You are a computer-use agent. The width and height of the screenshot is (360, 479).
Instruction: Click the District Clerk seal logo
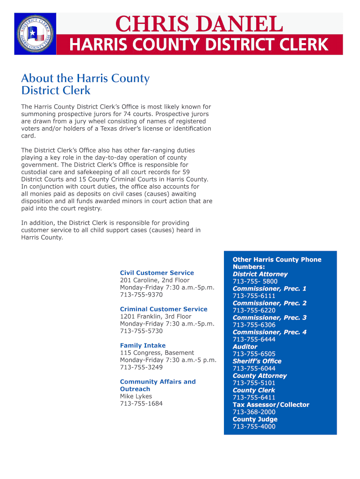coord(36,34)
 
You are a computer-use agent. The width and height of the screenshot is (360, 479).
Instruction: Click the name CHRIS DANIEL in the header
coord(199,24)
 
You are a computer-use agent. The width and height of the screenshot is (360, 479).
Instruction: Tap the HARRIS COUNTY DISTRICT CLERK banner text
coord(199,45)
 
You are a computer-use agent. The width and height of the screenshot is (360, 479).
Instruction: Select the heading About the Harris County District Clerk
coord(85,84)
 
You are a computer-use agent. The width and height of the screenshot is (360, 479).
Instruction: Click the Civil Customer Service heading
coord(157,273)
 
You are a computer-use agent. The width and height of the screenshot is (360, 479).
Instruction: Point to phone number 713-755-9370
coord(141,295)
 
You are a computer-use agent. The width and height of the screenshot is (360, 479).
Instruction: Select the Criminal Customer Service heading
coord(164,309)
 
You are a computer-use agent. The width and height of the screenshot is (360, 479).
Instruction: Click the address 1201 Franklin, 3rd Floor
coord(156,316)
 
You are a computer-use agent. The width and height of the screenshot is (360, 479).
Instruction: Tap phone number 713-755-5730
coord(141,331)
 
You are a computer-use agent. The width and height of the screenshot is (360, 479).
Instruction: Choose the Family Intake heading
coord(143,346)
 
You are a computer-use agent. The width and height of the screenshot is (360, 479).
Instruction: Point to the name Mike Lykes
coord(136,396)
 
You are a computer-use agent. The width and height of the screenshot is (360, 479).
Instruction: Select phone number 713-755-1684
coord(141,404)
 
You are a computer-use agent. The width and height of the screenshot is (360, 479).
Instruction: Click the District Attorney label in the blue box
coord(260,274)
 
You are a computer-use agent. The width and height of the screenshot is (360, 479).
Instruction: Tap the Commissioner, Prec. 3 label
coord(269,318)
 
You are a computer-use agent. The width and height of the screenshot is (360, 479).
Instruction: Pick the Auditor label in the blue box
coord(245,347)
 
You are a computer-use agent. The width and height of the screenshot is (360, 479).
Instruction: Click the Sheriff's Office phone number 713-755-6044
coord(254,369)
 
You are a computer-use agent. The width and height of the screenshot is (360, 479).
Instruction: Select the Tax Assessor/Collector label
coord(271,405)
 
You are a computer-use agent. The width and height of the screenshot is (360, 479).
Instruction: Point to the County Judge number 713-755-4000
coord(254,427)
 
